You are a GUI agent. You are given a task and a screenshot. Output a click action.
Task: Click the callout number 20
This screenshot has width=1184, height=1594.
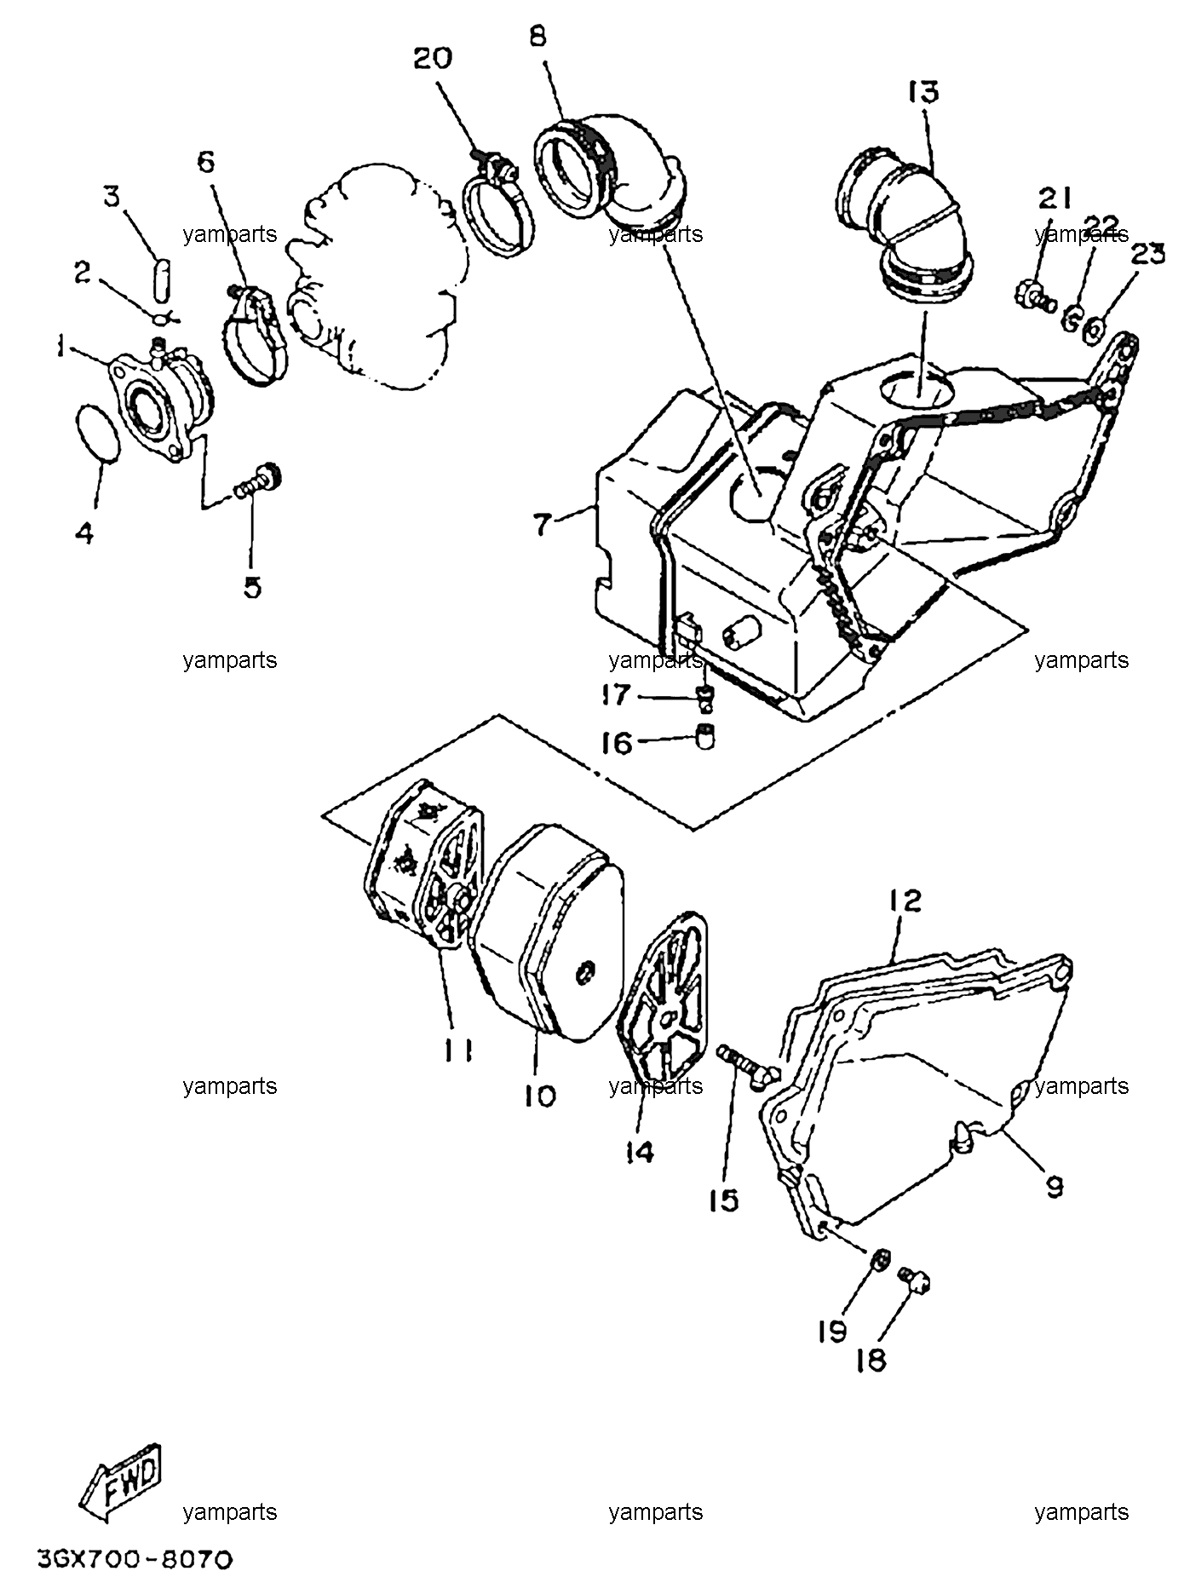[433, 59]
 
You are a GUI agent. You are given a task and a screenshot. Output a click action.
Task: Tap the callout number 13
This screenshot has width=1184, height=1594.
[923, 92]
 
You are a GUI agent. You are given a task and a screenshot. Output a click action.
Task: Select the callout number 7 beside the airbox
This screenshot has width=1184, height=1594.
[543, 525]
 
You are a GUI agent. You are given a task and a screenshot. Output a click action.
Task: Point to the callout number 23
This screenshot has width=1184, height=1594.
[1147, 253]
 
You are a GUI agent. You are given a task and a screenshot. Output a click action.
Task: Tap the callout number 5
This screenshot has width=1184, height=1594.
[253, 587]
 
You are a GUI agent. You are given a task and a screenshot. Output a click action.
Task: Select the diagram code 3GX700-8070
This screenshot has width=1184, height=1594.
[135, 1561]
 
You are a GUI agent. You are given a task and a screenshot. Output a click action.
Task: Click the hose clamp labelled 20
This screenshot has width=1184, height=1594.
[497, 204]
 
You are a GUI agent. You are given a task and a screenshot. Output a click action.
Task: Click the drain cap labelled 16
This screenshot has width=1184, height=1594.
[705, 735]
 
